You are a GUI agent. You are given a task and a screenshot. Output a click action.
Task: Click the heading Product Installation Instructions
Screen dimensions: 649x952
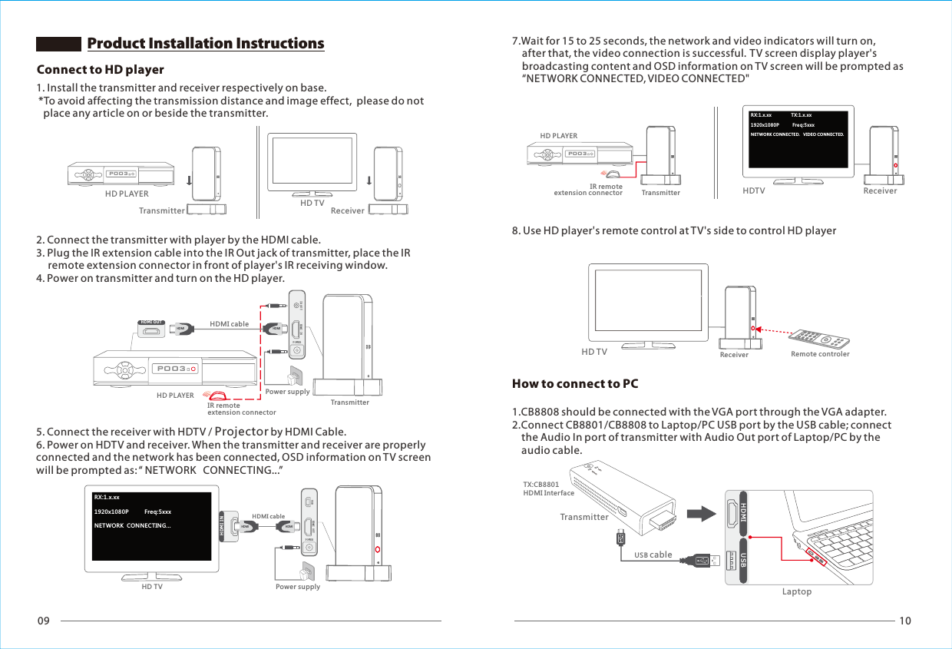206,43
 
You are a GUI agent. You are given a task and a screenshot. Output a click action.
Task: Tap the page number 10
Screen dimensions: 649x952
904,621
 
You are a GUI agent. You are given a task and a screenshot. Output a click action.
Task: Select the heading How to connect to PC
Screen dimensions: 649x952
575,383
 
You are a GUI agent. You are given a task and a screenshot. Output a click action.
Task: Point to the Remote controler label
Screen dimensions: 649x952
820,354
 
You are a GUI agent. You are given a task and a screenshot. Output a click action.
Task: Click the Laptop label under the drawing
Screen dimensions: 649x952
796,591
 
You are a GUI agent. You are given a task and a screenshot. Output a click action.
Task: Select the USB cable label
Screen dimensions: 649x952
653,555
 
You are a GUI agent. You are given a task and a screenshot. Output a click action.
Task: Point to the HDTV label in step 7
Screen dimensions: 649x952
754,190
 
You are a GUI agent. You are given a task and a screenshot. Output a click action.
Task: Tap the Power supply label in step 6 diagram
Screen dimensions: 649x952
297,587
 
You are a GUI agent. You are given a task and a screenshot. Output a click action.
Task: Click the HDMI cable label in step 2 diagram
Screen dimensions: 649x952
229,324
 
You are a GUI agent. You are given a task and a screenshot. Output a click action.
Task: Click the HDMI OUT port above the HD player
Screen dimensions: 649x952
153,330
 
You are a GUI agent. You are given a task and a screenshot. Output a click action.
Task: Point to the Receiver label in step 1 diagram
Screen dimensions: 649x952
347,210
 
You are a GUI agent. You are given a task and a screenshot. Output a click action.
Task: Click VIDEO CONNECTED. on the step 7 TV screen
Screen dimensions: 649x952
823,134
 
